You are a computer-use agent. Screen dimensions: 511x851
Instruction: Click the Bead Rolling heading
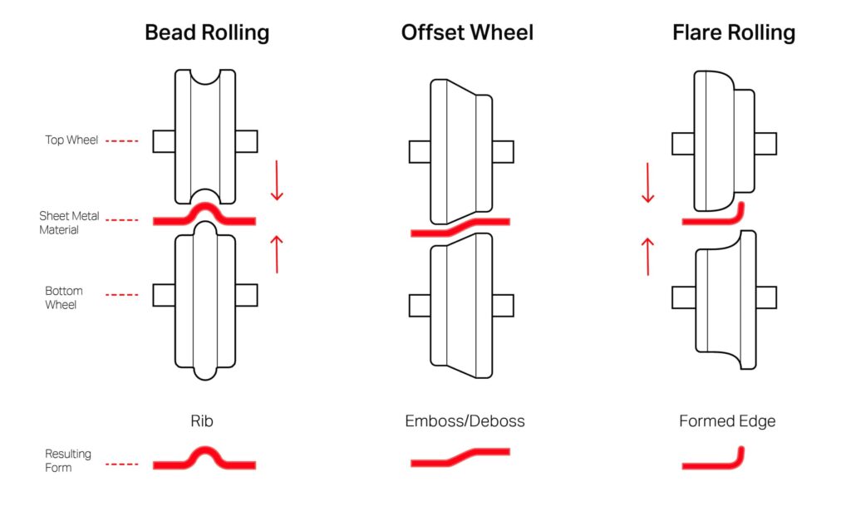(207, 32)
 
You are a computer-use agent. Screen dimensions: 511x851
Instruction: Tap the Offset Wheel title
(467, 32)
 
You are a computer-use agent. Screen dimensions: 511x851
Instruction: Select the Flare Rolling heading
(733, 32)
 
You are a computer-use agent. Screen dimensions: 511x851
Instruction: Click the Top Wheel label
(71, 140)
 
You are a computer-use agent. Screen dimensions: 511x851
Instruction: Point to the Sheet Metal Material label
(69, 223)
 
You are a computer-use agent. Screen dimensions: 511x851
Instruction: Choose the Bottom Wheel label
(64, 297)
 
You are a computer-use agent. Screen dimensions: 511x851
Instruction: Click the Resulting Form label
(68, 460)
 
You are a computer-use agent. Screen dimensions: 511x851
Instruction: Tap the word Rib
(202, 421)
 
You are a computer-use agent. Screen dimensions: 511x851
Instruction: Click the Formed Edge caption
(726, 421)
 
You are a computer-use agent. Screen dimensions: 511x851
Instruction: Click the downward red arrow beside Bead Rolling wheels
(277, 181)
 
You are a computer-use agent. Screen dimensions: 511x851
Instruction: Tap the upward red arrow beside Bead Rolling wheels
(277, 254)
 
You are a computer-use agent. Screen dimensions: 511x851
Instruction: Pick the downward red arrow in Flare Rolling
(648, 184)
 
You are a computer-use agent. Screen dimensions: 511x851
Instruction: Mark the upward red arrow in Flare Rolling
(648, 256)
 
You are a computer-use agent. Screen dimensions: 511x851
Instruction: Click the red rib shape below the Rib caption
(204, 459)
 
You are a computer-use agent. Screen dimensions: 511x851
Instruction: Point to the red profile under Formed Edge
(715, 461)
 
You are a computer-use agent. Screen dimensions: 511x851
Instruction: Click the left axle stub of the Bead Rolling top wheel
(164, 141)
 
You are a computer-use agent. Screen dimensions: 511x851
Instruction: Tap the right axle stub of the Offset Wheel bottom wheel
(503, 306)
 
